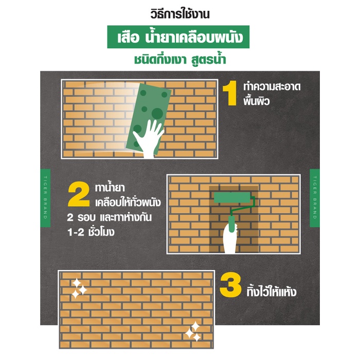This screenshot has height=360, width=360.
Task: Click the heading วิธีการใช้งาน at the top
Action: (180, 14)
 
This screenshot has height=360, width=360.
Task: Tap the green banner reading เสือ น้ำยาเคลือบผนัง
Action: (178, 37)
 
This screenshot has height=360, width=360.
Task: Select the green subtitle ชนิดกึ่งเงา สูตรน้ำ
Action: (180, 60)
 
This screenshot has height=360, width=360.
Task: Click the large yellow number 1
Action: (230, 93)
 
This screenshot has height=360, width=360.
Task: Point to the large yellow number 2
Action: (79, 194)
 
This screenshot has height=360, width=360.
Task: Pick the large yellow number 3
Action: (230, 285)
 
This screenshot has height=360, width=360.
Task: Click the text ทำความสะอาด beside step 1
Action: (272, 87)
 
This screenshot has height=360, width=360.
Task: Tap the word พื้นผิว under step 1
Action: (257, 101)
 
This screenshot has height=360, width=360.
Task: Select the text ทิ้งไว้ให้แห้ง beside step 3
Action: (272, 292)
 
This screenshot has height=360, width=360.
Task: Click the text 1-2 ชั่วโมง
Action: (91, 231)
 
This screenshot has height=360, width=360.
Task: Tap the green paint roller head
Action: (232, 197)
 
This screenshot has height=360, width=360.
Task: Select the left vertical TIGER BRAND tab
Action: (45, 198)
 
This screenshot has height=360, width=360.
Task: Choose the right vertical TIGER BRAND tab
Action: (315, 198)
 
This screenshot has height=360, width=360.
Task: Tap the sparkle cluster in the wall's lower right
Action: (193, 332)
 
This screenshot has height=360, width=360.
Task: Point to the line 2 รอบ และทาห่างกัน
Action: (109, 218)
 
